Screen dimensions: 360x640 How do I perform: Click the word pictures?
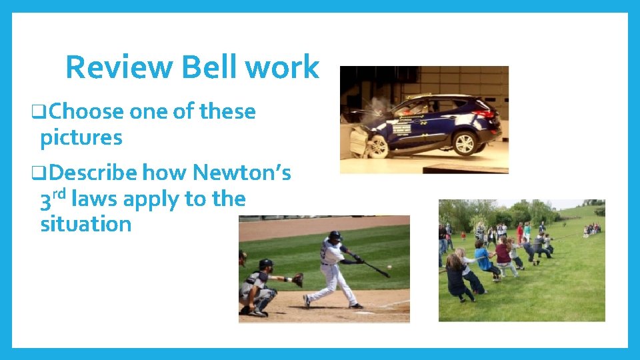click(81, 137)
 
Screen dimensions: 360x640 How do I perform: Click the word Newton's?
click(242, 173)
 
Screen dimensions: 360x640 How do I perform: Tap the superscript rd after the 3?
click(59, 194)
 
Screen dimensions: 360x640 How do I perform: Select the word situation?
click(86, 224)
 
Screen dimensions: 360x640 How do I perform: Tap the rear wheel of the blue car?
click(464, 143)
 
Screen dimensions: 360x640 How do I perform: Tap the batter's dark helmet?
click(335, 236)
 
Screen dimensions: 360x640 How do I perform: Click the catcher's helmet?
click(265, 265)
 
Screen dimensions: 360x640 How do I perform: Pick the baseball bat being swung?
click(377, 269)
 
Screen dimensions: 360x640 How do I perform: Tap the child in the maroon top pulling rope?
click(503, 254)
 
